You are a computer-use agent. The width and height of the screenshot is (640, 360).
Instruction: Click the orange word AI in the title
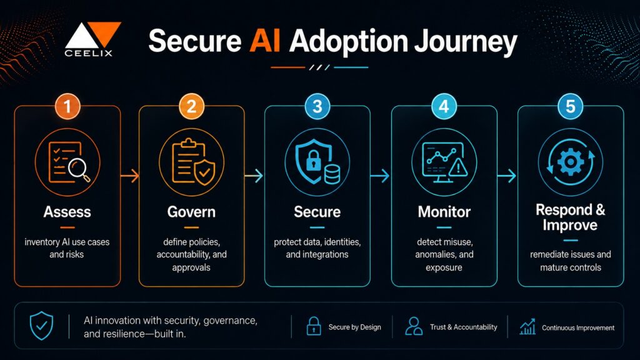(x=265, y=41)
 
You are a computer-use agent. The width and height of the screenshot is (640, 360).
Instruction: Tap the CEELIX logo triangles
(x=93, y=35)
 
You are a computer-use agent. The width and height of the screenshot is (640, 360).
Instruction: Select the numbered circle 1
(x=67, y=106)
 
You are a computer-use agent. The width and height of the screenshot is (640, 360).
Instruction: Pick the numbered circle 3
(x=317, y=106)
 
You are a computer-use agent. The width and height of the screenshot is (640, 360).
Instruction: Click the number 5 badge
(x=570, y=106)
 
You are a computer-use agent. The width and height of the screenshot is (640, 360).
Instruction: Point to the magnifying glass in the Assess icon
(x=79, y=169)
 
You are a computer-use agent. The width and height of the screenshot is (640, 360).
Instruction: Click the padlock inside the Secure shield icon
(x=314, y=160)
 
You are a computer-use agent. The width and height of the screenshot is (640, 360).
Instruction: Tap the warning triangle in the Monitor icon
(x=458, y=167)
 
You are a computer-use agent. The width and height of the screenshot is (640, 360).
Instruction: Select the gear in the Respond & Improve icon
(x=571, y=162)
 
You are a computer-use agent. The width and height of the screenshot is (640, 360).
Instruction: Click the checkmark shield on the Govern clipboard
(x=204, y=172)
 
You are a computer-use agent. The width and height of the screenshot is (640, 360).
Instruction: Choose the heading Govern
(x=191, y=212)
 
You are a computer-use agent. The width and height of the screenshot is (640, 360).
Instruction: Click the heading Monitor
(x=444, y=212)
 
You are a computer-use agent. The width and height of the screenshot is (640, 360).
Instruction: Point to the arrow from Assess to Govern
(x=130, y=176)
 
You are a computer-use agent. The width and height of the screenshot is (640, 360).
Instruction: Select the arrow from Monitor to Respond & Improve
(x=506, y=176)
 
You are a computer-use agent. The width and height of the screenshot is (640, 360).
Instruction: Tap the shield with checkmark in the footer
(x=42, y=325)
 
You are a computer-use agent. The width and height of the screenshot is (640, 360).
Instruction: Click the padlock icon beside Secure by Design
(x=314, y=326)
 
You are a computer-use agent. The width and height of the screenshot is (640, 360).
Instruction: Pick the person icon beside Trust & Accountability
(x=414, y=326)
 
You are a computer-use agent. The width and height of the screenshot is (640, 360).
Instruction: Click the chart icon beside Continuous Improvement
(x=527, y=326)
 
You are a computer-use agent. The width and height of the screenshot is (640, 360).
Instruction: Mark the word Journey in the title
(x=465, y=42)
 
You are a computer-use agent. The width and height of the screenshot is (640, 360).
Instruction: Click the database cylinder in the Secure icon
(x=332, y=174)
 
